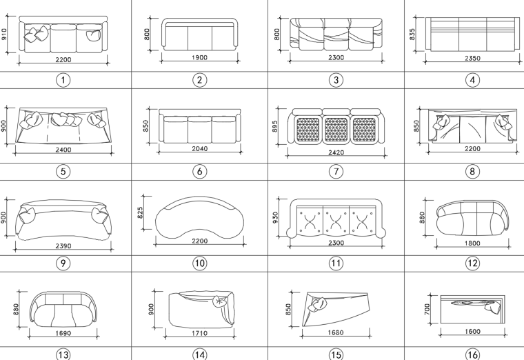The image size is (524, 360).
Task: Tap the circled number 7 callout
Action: pos(336,172)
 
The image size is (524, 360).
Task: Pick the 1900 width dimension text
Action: pos(199,58)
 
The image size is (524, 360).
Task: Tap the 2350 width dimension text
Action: pos(472,58)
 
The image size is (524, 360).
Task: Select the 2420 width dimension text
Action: pos(336,152)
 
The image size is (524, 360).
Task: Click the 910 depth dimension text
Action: pos(5,34)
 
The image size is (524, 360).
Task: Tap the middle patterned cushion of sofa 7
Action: pos(336,129)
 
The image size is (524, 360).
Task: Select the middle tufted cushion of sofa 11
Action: pos(336,220)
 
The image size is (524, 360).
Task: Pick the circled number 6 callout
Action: pos(199,172)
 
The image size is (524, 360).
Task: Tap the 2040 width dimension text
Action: pos(199,148)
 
